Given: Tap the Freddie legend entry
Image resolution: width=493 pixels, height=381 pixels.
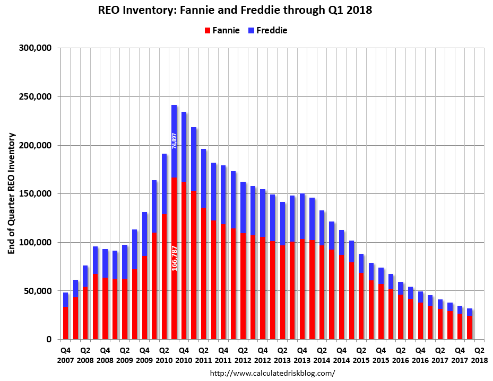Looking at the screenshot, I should pyautogui.click(x=267, y=30).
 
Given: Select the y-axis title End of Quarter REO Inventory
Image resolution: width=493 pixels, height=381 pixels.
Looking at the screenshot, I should pyautogui.click(x=11, y=193).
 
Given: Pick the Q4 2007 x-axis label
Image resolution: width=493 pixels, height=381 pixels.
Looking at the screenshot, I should pyautogui.click(x=66, y=355).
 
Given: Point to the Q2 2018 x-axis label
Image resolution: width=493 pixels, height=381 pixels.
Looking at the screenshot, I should pyautogui.click(x=479, y=355).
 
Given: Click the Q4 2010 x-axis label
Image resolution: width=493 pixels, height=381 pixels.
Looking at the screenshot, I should pyautogui.click(x=184, y=355).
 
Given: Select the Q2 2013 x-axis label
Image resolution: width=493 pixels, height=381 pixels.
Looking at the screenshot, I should pyautogui.click(x=282, y=355).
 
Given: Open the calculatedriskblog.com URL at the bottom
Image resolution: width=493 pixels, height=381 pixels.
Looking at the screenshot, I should pyautogui.click(x=273, y=373).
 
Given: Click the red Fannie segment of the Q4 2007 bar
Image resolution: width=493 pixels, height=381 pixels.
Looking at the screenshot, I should pyautogui.click(x=65, y=323).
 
